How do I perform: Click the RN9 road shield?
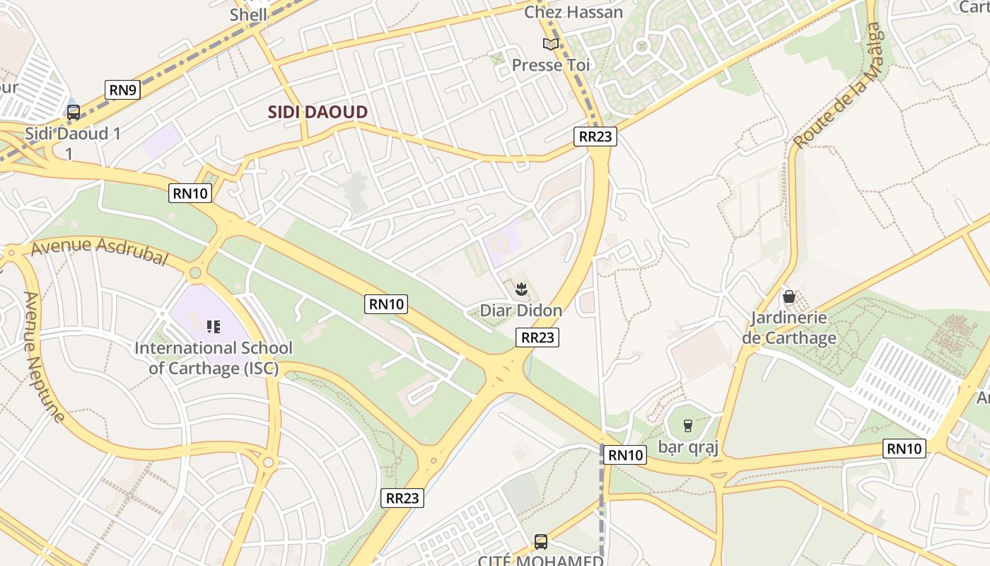(x=123, y=90)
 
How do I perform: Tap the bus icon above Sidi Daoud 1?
(x=74, y=112)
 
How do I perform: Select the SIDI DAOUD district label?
(x=318, y=112)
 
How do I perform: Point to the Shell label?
(x=248, y=14)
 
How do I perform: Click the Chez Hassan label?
(x=573, y=12)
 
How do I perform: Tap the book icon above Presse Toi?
(x=551, y=45)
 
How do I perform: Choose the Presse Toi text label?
(x=551, y=65)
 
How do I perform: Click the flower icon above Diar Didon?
(x=521, y=289)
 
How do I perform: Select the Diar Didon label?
(x=521, y=310)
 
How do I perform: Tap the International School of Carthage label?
(x=213, y=358)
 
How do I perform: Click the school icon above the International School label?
(x=213, y=326)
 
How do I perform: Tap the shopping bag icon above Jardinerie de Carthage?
(x=789, y=296)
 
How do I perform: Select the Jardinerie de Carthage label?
(x=789, y=328)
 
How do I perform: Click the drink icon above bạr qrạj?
(x=687, y=425)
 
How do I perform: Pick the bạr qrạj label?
(x=688, y=447)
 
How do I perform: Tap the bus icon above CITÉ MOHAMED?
(x=541, y=542)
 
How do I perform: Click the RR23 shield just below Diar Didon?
(x=537, y=337)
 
